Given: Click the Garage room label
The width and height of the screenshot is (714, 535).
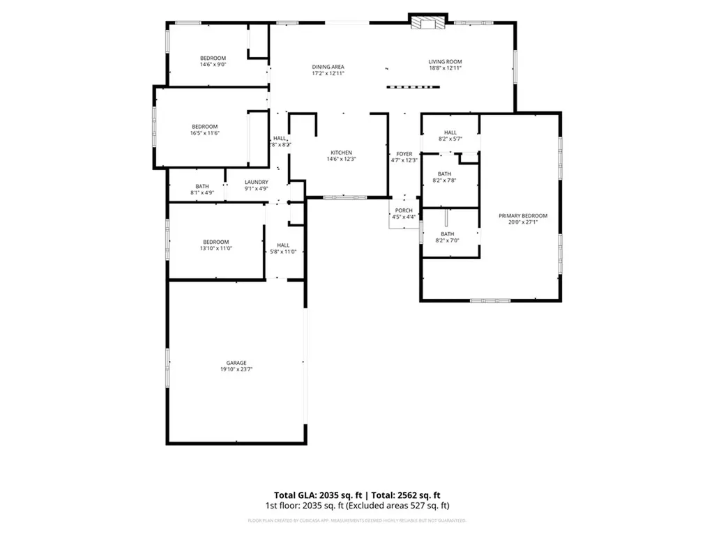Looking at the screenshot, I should pyautogui.click(x=236, y=363).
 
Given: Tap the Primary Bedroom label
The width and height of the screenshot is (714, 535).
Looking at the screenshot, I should pyautogui.click(x=523, y=216).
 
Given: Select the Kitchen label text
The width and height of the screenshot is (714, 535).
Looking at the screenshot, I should pyautogui.click(x=341, y=153).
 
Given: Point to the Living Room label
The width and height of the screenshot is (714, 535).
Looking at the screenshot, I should pyautogui.click(x=445, y=62).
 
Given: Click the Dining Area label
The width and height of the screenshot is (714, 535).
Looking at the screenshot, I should pyautogui.click(x=328, y=67).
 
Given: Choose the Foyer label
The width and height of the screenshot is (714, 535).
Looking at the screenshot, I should pyautogui.click(x=404, y=154).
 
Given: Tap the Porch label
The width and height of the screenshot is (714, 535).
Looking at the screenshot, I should pyautogui.click(x=404, y=210).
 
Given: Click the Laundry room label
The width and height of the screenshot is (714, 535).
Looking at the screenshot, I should pyautogui.click(x=256, y=183).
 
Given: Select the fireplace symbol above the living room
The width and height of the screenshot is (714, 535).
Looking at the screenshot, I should pyautogui.click(x=426, y=23).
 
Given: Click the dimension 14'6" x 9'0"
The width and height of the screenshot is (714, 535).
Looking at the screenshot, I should pyautogui.click(x=213, y=65).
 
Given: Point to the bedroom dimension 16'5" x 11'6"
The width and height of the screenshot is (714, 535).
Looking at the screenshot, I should pyautogui.click(x=205, y=133).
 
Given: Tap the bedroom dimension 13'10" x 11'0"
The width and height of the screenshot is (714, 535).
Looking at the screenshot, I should pyautogui.click(x=216, y=248).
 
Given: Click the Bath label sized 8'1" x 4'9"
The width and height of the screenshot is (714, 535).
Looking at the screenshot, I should pyautogui.click(x=202, y=186).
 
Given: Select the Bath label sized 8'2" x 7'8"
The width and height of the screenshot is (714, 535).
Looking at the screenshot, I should pyautogui.click(x=445, y=174).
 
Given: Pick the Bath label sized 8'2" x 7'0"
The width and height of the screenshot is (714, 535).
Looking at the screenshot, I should pyautogui.click(x=447, y=234).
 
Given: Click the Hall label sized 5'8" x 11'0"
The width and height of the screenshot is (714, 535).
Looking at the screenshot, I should pyautogui.click(x=283, y=245).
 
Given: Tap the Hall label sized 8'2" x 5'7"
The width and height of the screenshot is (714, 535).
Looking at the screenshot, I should pyautogui.click(x=450, y=132).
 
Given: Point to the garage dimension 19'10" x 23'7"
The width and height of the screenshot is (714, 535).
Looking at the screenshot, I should pyautogui.click(x=236, y=370).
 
